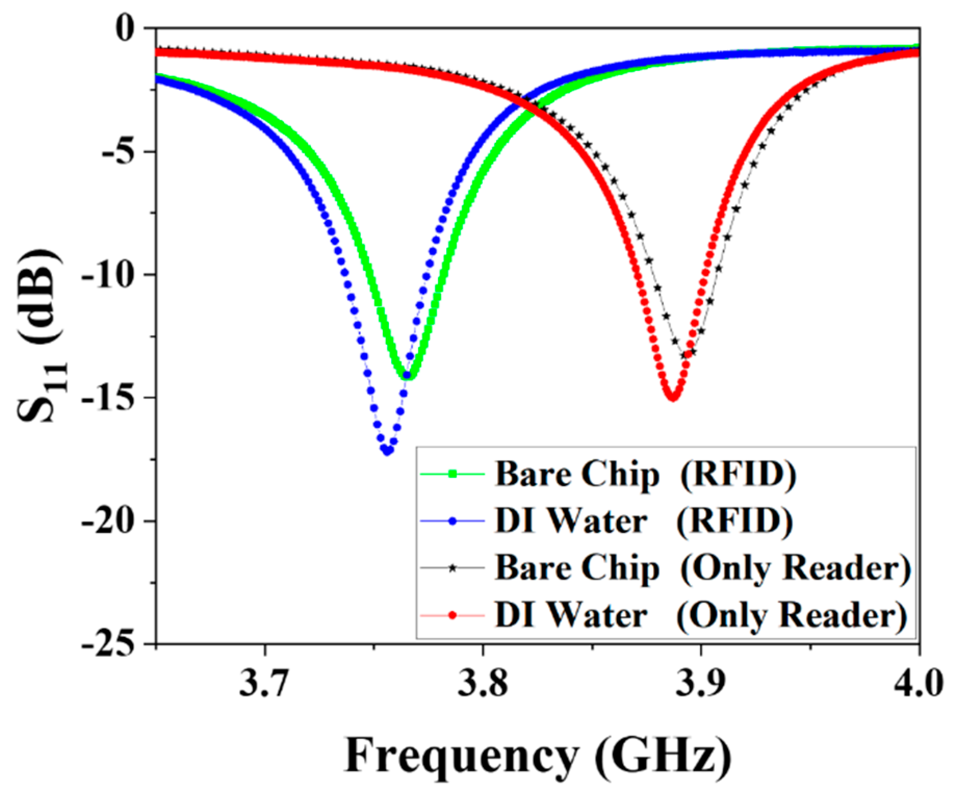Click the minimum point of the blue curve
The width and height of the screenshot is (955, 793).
(387, 451)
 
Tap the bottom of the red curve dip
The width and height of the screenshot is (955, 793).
(673, 397)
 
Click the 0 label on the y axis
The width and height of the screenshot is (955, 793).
(125, 28)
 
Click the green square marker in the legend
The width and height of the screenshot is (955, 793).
(453, 474)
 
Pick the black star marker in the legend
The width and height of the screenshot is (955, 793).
(453, 568)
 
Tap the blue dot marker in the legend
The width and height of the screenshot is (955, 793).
(453, 521)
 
